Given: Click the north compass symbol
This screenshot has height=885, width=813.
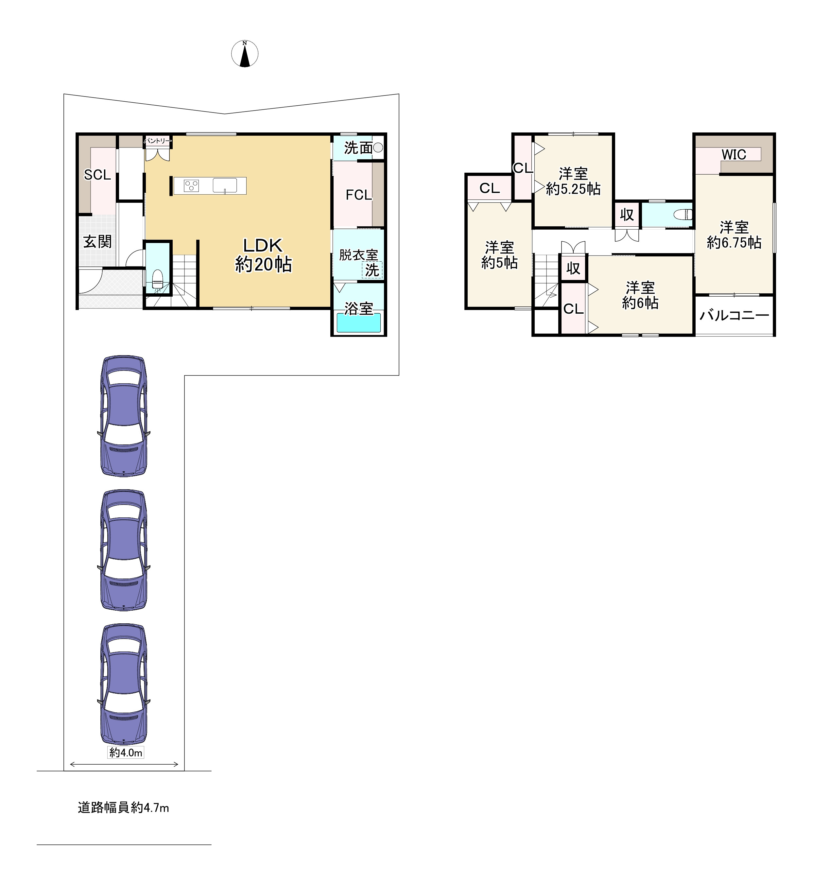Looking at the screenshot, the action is (x=245, y=54).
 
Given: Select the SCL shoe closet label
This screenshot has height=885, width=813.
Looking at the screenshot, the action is (x=97, y=175).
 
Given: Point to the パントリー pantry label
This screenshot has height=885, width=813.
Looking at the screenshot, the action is (x=157, y=141).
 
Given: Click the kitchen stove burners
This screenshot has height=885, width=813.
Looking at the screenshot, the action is (x=191, y=186).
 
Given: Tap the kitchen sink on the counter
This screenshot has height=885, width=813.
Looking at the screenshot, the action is (x=225, y=186).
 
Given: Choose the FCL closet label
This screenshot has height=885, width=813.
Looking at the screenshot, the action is (x=358, y=195).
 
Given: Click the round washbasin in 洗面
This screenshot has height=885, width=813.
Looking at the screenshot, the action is (x=378, y=148).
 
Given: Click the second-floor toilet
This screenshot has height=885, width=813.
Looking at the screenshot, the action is (x=683, y=215).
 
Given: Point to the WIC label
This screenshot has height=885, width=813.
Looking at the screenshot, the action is (x=734, y=154).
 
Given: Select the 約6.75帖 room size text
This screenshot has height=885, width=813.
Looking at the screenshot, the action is (x=734, y=243).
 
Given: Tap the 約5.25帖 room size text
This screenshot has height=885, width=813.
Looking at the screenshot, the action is (x=573, y=189).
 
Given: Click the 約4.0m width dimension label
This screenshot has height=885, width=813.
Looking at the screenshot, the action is (x=126, y=753).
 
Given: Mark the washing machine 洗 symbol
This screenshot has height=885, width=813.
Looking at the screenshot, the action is (x=372, y=270).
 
